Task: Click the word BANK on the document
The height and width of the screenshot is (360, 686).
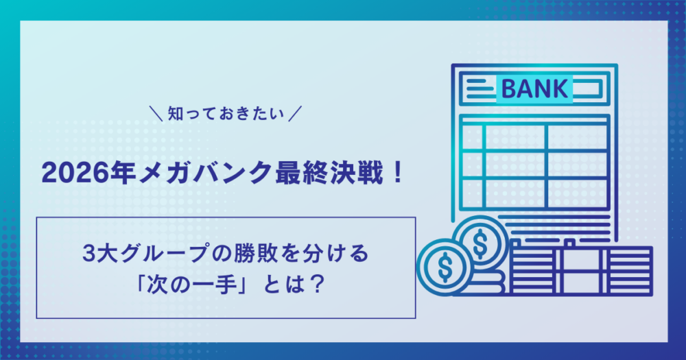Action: pyautogui.click(x=534, y=88)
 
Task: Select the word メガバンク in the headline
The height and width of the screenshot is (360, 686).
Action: pyautogui.click(x=205, y=173)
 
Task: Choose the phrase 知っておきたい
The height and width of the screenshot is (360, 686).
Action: pyautogui.click(x=226, y=114)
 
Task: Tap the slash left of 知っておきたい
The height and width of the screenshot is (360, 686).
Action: pyautogui.click(x=156, y=114)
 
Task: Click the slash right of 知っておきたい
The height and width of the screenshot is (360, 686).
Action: pyautogui.click(x=295, y=114)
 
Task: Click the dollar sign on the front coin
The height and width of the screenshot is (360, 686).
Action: pyautogui.click(x=445, y=267)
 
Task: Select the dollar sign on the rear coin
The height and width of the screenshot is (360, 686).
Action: pyautogui.click(x=480, y=243)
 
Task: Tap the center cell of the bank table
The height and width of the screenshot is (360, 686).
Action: pyautogui.click(x=515, y=165)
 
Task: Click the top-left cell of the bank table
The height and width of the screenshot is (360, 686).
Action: pyautogui.click(x=472, y=137)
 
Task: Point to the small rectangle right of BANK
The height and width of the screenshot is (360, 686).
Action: pyautogui.click(x=587, y=88)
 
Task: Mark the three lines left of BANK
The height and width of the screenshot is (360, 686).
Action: pyautogui.click(x=480, y=88)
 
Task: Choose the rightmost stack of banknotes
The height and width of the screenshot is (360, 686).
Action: pyautogui.click(x=628, y=270)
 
